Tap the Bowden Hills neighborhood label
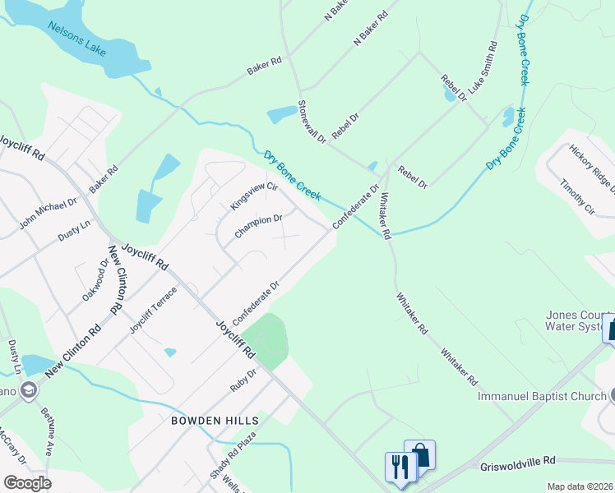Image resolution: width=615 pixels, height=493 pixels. point(215,420)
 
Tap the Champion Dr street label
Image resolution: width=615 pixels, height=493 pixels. point(258,227)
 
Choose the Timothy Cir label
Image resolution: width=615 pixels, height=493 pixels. point(578,199)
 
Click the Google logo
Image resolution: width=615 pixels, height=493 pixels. point(27,482)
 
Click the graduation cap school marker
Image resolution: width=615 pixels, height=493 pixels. point(29,389)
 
